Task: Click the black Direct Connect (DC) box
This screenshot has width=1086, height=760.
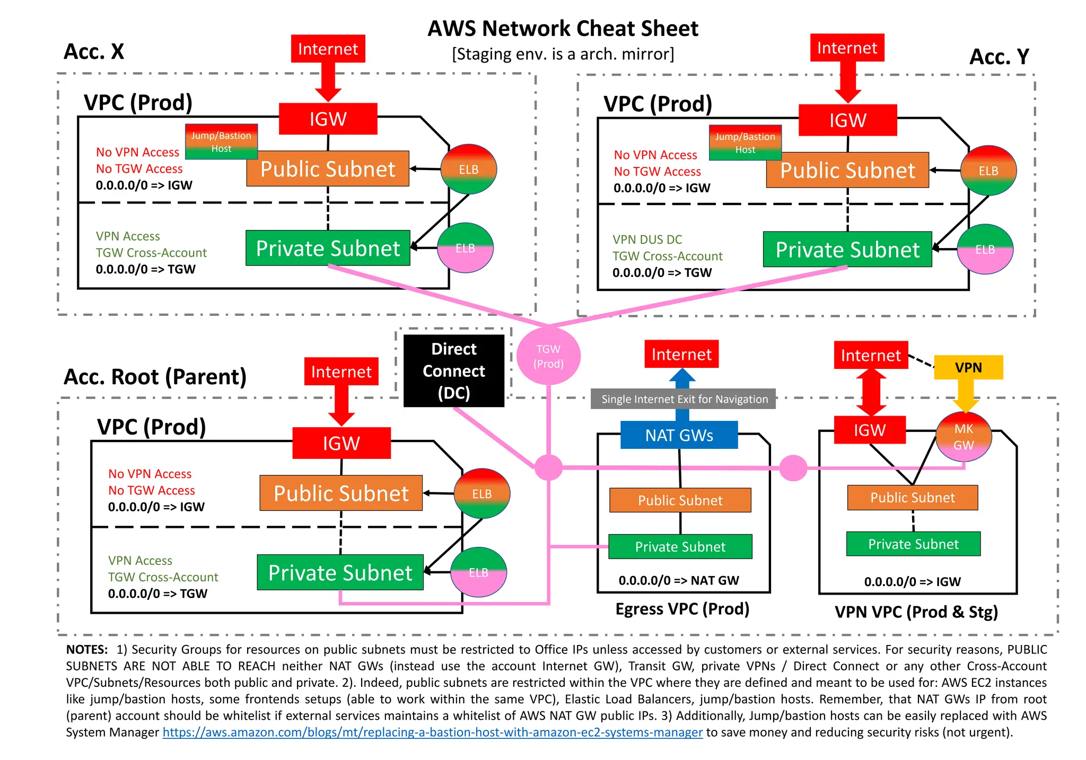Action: [453, 370]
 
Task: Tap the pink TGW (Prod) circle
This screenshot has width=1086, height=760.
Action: [548, 356]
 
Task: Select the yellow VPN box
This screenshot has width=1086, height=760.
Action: [968, 367]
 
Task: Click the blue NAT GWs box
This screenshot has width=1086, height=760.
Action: [679, 435]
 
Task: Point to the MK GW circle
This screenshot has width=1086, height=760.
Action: [964, 437]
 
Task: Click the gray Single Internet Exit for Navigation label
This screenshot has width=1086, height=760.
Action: [684, 399]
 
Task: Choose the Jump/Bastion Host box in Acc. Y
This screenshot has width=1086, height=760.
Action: [745, 143]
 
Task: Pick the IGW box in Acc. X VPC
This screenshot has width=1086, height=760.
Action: [328, 119]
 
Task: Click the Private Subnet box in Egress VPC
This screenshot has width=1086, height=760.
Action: [680, 546]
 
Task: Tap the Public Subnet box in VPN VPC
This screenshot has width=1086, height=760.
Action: [912, 498]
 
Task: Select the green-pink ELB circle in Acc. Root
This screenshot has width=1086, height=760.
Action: [478, 572]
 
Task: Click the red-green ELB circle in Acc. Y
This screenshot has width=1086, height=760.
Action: [988, 171]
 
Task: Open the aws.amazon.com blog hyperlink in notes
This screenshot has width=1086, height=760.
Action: [432, 732]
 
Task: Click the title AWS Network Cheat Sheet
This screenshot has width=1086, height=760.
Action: [563, 29]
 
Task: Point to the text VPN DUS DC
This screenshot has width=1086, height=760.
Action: [647, 240]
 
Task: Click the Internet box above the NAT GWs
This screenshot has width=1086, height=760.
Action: [681, 354]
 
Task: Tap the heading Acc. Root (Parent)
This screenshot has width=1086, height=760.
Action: [155, 377]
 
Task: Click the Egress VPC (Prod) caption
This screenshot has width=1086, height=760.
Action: [682, 609]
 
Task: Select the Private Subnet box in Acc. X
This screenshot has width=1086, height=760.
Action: [328, 248]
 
